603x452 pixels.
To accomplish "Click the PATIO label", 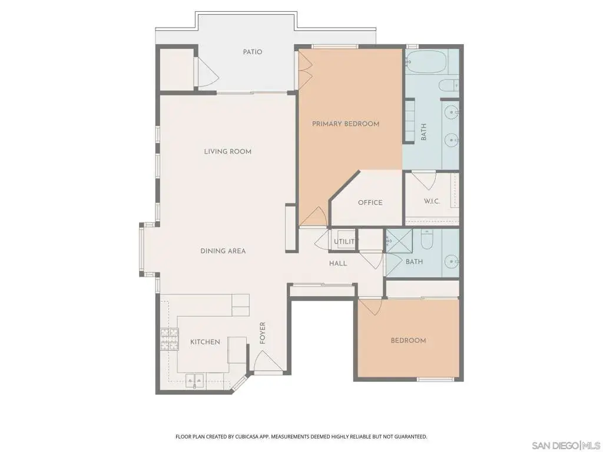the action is point(252,52).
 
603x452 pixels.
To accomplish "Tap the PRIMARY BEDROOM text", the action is point(345,124).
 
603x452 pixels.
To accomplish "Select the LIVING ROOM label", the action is point(228,151).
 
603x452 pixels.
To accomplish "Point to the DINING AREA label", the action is point(223,251).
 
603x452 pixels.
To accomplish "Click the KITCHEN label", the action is point(205,342).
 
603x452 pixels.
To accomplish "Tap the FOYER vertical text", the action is point(263,333).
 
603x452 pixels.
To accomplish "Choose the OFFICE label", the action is point(370,202).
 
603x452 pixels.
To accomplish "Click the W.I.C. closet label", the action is point(432,201).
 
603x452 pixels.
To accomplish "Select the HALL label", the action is point(338,263).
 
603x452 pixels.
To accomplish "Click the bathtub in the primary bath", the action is point(426,61).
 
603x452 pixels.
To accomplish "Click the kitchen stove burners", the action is point(170,339).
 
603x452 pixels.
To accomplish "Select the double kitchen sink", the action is point(195,380).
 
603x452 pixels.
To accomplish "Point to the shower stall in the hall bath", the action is point(399,241).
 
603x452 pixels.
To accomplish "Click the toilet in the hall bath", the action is point(427,239).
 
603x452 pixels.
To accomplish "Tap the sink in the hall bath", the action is point(452,262).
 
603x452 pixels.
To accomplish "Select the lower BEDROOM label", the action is point(408,341).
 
